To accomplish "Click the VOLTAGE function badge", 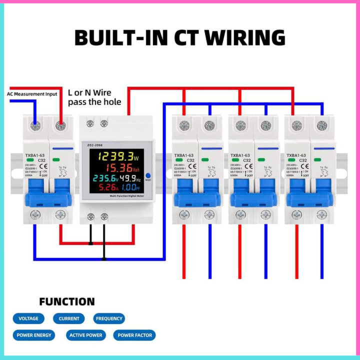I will [x=28, y=318].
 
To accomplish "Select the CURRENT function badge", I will [x=69, y=318].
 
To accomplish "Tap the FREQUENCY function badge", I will [x=109, y=318].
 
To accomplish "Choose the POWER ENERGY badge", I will [x=34, y=335].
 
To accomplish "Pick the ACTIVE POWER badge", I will [x=85, y=335].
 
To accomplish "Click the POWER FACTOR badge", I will [x=134, y=335].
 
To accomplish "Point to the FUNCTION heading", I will [x=66, y=301].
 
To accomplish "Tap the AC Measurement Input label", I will [x=32, y=93].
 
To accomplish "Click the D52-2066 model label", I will [x=96, y=145].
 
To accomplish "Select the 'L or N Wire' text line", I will [x=89, y=92].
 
